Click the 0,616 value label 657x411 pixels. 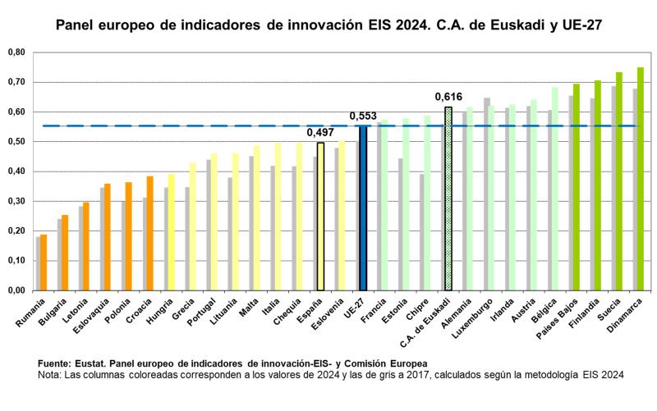coord(448,98)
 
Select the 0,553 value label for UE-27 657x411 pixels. coord(363,116)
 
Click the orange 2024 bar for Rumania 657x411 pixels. coord(44,263)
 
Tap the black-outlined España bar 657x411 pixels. coord(320,217)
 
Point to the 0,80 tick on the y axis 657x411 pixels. coord(16,53)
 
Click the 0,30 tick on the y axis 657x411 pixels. coord(16,201)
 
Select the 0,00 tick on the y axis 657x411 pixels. coord(16,290)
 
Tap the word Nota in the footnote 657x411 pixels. coord(51,374)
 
